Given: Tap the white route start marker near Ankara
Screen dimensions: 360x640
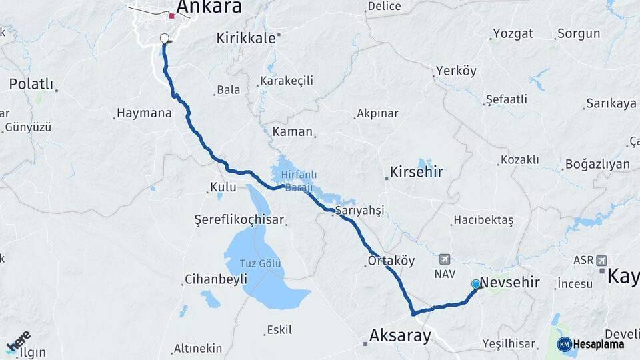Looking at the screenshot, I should click(165, 38).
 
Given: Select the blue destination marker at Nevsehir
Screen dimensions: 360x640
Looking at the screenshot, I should click(476, 284).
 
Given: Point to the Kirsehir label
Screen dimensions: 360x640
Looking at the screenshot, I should click(417, 172).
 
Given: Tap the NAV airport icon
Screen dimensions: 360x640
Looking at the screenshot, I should click(445, 259).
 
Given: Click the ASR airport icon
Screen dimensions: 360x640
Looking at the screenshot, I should click(603, 260).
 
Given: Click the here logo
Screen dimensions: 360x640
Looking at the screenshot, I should click(18, 343).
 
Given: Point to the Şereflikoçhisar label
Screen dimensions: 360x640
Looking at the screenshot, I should click(239, 219).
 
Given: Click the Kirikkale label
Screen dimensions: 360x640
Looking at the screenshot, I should click(245, 38).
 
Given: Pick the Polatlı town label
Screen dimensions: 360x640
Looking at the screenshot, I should click(30, 84).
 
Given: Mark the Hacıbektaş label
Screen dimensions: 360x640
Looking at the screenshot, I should click(483, 220).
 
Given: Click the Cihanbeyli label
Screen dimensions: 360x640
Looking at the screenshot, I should click(215, 279).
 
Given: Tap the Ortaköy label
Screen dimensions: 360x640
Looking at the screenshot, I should click(391, 261).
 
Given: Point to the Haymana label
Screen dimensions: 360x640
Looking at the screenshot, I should click(144, 113).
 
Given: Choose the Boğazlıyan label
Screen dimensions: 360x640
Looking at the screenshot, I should click(597, 164).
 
